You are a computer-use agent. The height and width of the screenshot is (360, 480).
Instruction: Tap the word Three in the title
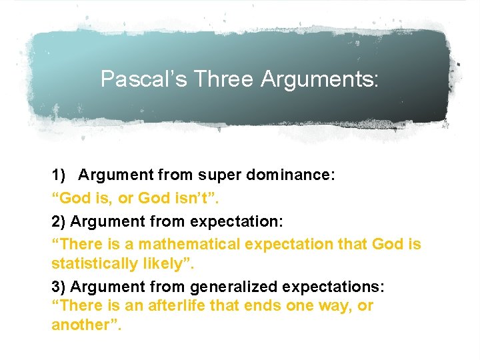[225, 79]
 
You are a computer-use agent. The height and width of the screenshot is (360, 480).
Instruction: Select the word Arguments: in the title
[320, 79]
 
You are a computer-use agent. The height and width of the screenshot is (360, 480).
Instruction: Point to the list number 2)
[59, 220]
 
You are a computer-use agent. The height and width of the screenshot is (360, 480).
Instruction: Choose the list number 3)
[59, 287]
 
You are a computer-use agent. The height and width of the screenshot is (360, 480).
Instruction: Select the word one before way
[299, 305]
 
